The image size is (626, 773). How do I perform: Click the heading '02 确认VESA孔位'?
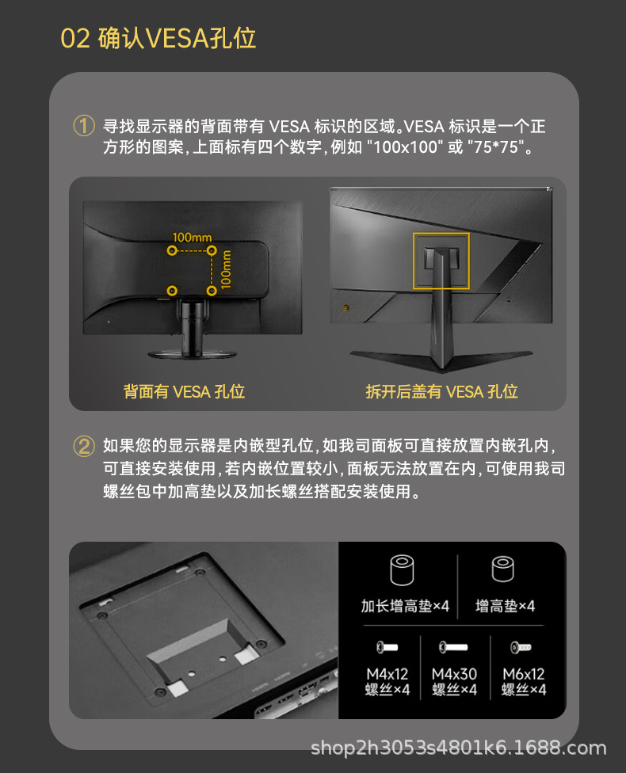(158, 39)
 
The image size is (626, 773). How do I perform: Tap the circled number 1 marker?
(84, 126)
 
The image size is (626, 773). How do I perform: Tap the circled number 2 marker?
(84, 446)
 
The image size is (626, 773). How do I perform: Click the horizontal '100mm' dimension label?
(192, 238)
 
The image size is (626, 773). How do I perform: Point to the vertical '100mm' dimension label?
(226, 269)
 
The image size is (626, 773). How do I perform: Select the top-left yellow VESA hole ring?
(172, 251)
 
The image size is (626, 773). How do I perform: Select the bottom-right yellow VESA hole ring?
(212, 291)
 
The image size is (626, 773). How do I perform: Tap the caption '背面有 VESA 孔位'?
(184, 392)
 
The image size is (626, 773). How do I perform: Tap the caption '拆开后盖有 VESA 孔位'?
(441, 392)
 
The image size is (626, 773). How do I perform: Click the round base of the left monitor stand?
(193, 354)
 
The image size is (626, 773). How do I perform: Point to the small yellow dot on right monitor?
(345, 307)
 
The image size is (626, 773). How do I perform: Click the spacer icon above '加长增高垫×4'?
(402, 570)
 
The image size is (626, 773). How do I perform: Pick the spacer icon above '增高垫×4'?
(502, 569)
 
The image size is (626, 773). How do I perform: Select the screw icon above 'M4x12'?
(387, 647)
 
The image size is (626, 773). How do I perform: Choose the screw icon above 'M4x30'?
(453, 647)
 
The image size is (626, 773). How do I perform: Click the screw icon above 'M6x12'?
(521, 647)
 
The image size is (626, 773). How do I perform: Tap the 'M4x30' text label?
(454, 674)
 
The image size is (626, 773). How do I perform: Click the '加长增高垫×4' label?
(405, 606)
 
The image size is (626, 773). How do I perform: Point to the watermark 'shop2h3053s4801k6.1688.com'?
(458, 748)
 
